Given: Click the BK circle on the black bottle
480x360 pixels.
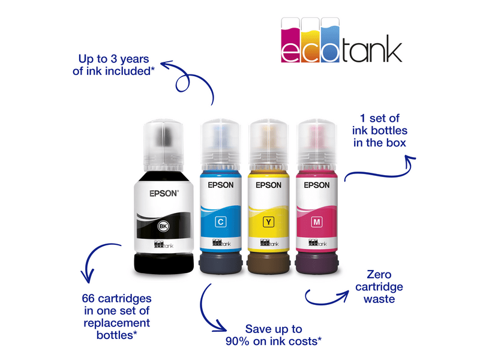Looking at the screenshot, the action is click(163, 226).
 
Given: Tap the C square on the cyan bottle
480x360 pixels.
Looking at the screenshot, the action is click(220, 221).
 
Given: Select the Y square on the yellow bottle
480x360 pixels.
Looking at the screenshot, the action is click(268, 221).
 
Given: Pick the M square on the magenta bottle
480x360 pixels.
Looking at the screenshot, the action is click(317, 221).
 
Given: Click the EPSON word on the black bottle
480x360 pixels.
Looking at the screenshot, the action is click(163, 193).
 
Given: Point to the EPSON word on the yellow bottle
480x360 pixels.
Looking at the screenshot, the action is click(268, 185).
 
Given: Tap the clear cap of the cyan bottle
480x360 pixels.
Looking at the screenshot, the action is click(221, 145).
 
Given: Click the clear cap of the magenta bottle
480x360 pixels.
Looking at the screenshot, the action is click(317, 145).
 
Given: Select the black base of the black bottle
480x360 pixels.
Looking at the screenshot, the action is click(164, 263).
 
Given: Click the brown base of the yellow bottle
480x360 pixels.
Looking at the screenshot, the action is click(268, 263).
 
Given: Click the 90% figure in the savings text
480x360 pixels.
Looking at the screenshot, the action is click(238, 341).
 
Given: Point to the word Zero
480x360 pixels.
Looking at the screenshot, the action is click(379, 274).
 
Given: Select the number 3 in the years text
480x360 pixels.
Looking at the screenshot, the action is click(114, 59).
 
